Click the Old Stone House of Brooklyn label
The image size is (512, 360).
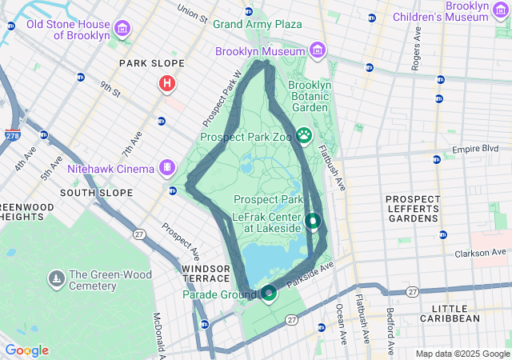(x=67, y=30)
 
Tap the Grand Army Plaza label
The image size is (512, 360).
(x=250, y=24)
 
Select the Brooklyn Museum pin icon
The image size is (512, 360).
(x=318, y=50)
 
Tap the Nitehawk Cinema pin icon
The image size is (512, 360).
(x=166, y=167)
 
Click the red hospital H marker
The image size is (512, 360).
(x=167, y=82)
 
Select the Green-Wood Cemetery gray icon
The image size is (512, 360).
(x=57, y=278)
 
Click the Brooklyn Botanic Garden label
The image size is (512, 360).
(x=309, y=96)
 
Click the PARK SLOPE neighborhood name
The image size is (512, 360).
(x=151, y=63)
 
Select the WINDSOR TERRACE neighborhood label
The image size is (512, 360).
(x=206, y=273)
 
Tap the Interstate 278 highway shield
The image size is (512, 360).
(x=13, y=135)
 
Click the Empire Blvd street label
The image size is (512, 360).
(x=475, y=150)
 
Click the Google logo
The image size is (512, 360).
(x=26, y=350)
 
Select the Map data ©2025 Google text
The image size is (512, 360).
(x=462, y=354)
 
